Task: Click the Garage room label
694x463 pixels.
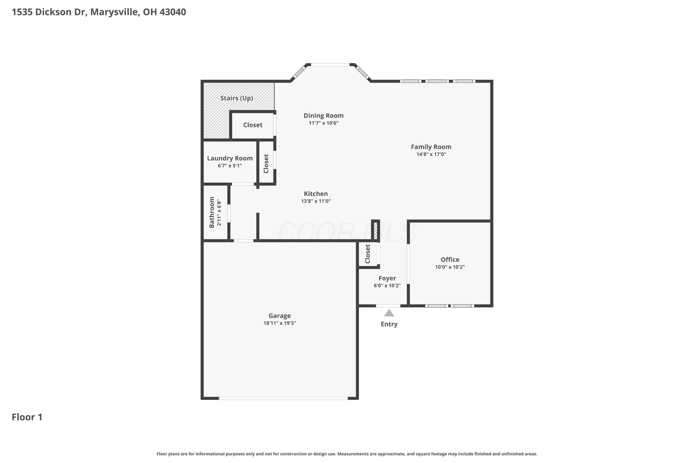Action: [279, 316]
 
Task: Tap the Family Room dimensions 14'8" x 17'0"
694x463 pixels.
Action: [431, 154]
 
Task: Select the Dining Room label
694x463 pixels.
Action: [324, 116]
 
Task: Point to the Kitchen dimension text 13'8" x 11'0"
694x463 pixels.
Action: [316, 201]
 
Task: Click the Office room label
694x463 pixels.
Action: [450, 260]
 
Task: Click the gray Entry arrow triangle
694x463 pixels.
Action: [389, 313]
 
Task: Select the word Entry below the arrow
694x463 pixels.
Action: [389, 324]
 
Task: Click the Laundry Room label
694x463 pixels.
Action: [230, 158]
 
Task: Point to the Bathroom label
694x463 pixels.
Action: [212, 212]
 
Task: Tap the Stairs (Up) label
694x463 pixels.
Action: [237, 98]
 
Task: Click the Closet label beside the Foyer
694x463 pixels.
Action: [368, 254]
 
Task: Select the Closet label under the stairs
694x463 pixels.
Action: [253, 125]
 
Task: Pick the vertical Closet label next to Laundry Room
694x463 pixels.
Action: [266, 164]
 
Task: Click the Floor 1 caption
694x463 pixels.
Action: [27, 417]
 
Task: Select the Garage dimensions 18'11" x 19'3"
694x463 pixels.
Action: [280, 323]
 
